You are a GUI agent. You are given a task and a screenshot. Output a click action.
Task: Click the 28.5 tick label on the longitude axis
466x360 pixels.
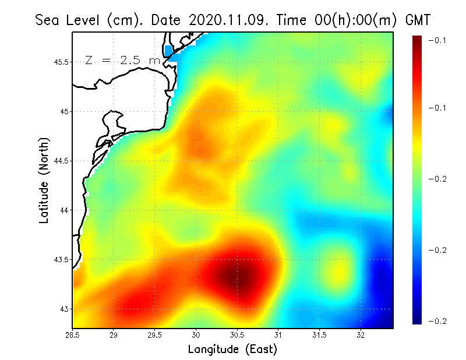click(72, 335)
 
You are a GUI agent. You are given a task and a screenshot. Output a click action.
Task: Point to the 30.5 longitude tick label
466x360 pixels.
click(237, 335)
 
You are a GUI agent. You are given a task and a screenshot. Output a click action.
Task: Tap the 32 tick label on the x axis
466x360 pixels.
click(361, 335)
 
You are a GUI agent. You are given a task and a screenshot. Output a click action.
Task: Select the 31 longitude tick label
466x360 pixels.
click(278, 335)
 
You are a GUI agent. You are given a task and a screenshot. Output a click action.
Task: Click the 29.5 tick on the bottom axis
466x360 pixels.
click(155, 335)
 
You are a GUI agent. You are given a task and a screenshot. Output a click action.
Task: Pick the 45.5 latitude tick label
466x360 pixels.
click(61, 62)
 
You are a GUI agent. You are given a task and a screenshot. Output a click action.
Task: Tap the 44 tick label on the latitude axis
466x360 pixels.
click(64, 210)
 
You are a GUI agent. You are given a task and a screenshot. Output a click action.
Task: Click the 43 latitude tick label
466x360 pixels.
click(64, 309)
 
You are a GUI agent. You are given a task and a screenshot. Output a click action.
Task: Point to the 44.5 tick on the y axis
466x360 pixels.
click(61, 161)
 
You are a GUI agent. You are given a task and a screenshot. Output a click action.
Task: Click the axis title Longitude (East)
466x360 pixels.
click(232, 350)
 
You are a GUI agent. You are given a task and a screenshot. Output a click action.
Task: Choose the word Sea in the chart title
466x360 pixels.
click(48, 20)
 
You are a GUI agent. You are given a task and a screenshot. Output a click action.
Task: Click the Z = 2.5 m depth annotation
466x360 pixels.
click(122, 60)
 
